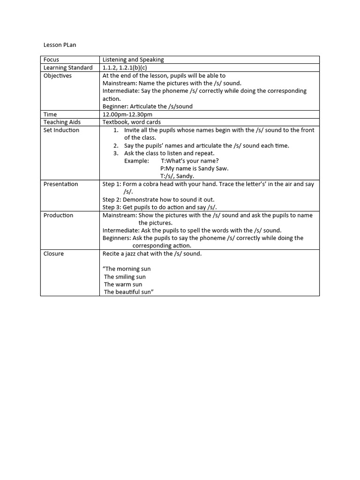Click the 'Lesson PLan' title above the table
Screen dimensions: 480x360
60,45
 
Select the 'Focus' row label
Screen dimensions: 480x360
52,60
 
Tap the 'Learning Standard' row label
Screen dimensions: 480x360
68,67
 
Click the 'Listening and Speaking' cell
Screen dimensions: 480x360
133,60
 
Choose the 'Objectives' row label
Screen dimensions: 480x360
58,75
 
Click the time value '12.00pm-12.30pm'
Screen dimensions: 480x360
127,114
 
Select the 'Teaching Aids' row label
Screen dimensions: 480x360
62,122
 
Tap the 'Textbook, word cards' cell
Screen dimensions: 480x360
132,122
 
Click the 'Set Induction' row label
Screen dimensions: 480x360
61,130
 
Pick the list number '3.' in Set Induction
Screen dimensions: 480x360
116,153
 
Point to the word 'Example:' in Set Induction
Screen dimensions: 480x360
136,161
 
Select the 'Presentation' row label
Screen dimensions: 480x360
61,184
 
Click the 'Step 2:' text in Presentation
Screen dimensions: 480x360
112,199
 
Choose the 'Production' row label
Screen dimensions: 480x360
59,215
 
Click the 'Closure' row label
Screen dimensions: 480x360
54,254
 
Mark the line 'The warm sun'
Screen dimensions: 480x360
123,284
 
